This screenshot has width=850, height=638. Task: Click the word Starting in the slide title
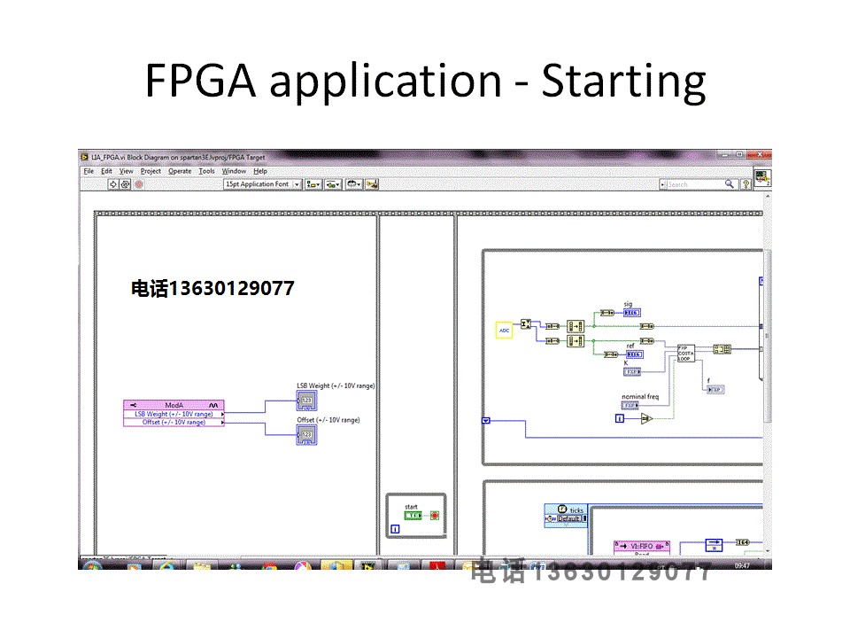click(x=623, y=82)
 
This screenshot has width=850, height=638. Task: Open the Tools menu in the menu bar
click(x=206, y=171)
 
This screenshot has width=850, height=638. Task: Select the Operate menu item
click(x=180, y=171)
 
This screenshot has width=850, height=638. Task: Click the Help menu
click(x=260, y=171)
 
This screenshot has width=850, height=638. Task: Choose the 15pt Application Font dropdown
click(x=262, y=184)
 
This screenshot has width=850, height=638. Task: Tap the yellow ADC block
click(x=504, y=331)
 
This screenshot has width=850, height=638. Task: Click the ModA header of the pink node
click(x=174, y=405)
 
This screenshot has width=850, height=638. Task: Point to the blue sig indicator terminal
click(x=631, y=312)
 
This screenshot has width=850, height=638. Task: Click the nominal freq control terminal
click(x=630, y=405)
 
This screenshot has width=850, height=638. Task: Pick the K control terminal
click(x=632, y=371)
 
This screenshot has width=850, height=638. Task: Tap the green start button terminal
click(x=413, y=515)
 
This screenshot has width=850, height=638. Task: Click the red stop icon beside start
click(x=434, y=515)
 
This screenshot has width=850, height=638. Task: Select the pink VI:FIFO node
click(x=642, y=547)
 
